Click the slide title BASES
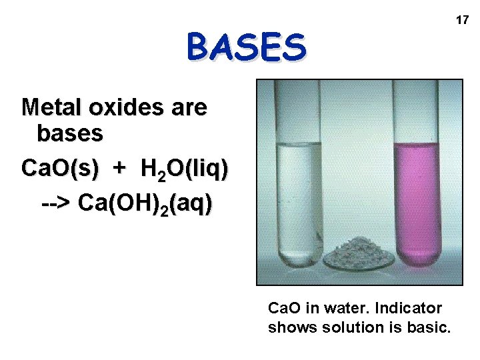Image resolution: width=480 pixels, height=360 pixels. click(x=247, y=47)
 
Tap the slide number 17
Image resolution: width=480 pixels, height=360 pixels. click(x=462, y=21)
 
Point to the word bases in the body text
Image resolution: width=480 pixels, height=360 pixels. click(x=70, y=133)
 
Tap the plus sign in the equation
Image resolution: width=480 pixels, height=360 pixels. click(x=119, y=169)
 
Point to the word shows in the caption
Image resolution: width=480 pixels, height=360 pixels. click(x=289, y=328)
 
